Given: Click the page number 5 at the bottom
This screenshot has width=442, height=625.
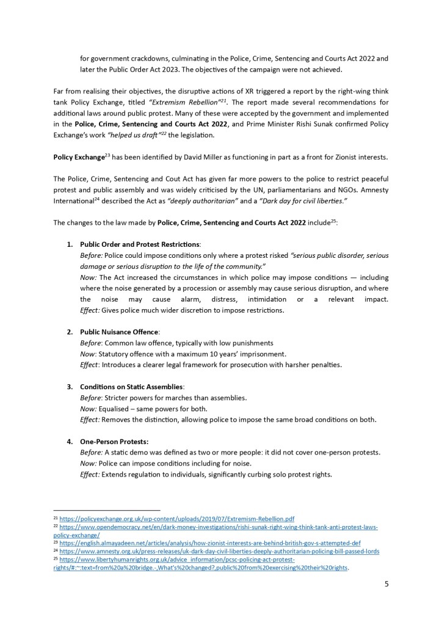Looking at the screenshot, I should pyautogui.click(x=386, y=583).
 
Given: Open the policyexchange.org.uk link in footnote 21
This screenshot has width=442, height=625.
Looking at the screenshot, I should pyautogui.click(x=176, y=518).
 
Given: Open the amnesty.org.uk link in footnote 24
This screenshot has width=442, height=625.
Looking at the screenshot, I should pyautogui.click(x=219, y=551).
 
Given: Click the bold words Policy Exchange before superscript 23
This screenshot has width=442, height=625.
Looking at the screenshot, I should pyautogui.click(x=79, y=158).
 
